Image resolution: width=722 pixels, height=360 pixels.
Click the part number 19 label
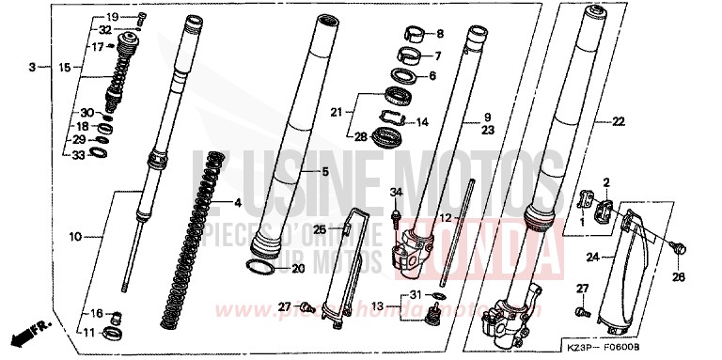112,18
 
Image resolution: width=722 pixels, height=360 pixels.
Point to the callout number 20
298,269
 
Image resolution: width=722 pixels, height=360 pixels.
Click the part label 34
396,194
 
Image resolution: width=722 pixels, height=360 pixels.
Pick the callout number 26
679,277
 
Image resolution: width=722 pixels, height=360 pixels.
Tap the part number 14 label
422,122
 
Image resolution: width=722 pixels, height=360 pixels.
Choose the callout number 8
439,35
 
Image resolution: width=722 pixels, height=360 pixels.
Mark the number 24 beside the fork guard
592,255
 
